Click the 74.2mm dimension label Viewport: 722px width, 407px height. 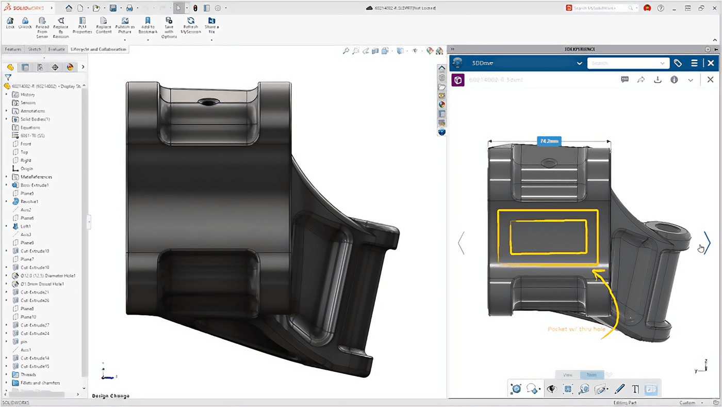pos(549,141)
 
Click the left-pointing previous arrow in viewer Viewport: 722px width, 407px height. pos(461,243)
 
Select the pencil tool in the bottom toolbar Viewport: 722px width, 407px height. pos(620,389)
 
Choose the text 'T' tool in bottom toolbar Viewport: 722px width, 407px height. pos(635,389)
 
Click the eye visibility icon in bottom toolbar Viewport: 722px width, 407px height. pos(552,389)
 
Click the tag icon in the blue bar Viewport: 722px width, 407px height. pos(678,63)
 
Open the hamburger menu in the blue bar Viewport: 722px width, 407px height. pos(694,63)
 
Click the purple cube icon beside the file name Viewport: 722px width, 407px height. pos(457,80)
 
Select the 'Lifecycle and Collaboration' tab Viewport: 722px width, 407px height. pos(98,50)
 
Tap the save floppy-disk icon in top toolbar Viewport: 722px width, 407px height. pos(113,8)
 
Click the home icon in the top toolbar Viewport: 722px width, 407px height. pos(69,8)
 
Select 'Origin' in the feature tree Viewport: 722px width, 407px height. pos(26,169)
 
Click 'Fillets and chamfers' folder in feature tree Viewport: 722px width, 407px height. pos(40,383)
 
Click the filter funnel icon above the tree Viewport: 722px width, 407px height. pos(8,77)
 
